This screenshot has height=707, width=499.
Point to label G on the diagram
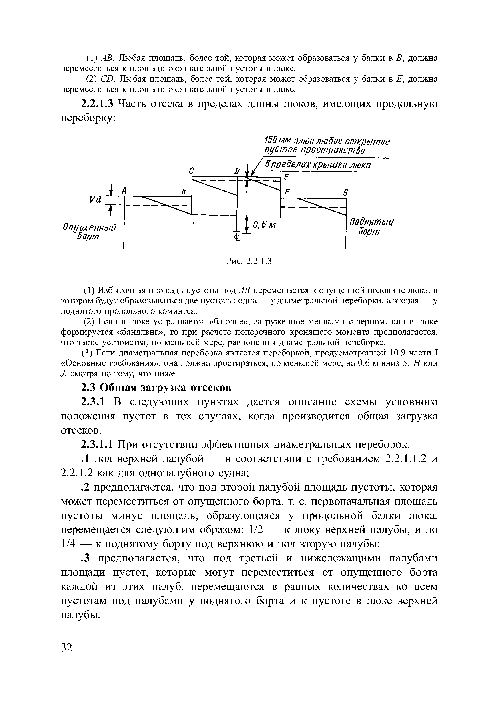tap(345, 193)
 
